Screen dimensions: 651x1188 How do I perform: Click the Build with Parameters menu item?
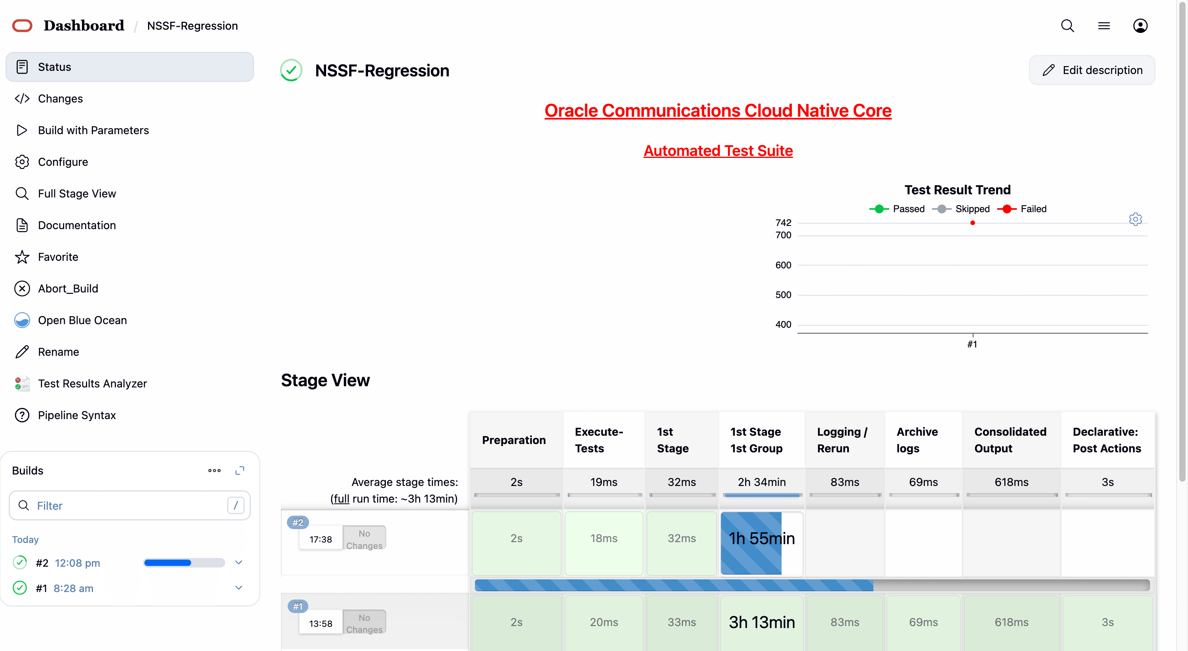tap(93, 131)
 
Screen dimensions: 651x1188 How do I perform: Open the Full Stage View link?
tap(76, 194)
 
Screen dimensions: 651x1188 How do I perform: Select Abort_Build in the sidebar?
tap(68, 288)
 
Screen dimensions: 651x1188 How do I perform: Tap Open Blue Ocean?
tap(82, 321)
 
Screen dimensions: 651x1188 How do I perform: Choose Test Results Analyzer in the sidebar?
tap(92, 383)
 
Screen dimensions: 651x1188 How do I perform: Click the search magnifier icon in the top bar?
tap(1067, 26)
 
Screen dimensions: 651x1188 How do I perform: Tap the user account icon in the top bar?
tap(1140, 26)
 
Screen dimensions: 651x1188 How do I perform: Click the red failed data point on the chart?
tap(973, 223)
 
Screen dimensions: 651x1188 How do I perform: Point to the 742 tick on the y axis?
tap(783, 223)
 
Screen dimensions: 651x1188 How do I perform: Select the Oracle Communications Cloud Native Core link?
tap(717, 111)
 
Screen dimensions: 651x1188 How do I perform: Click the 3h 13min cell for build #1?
tap(761, 622)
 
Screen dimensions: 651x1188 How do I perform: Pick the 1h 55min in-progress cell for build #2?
tap(761, 539)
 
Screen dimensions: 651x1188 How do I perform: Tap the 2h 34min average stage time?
tap(761, 482)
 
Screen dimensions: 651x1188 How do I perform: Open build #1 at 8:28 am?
tap(73, 588)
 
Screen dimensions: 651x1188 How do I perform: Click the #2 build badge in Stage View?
tap(298, 522)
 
